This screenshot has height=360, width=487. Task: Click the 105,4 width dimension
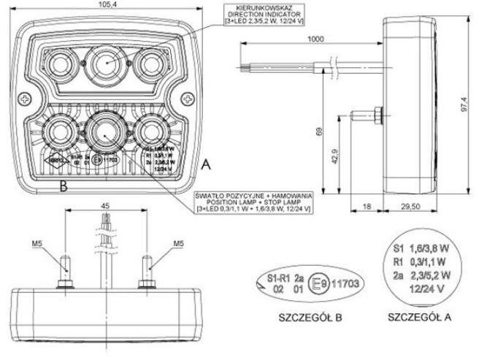pos(106,6)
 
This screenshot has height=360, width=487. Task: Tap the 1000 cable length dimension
pos(316,38)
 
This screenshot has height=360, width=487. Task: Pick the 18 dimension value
pos(367,208)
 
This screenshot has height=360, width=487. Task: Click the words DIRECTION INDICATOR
pos(256,15)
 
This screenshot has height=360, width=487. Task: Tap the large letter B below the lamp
pos(64,185)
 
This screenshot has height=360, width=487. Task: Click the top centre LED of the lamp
pos(107,58)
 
